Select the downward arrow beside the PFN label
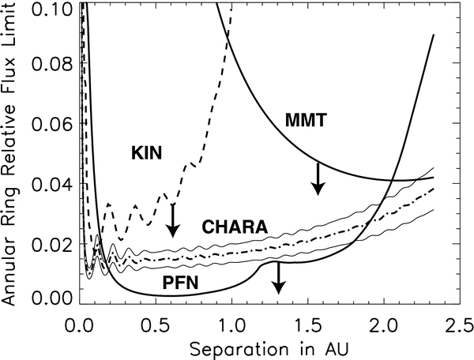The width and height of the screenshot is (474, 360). pos(277,278)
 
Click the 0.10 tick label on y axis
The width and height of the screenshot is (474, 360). pos(54,9)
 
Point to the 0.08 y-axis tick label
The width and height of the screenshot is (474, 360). pos(54,66)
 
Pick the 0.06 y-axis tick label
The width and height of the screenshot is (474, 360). pos(54,125)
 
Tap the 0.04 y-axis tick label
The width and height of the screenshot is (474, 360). pos(54,184)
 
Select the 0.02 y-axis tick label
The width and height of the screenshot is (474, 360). pos(54,242)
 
